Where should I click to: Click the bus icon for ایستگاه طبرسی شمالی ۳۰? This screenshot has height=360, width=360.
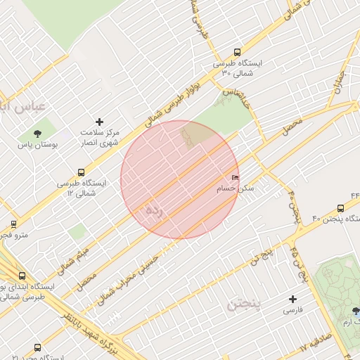(x=237, y=52)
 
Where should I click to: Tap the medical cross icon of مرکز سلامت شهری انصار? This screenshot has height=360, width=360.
(x=99, y=122)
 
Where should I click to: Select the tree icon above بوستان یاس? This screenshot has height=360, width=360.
(x=37, y=134)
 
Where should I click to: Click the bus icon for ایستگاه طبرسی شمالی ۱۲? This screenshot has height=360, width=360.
(x=82, y=172)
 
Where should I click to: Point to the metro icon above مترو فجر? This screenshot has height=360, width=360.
(x=13, y=224)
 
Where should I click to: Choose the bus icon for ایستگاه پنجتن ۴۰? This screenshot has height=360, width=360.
(x=340, y=208)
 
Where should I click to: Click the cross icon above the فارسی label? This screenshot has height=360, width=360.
(x=292, y=298)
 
